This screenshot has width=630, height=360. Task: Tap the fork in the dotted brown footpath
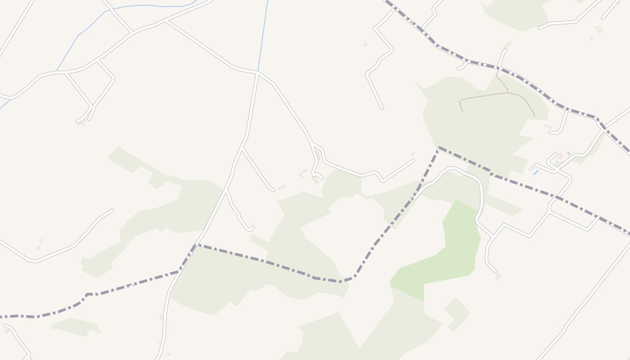[x=508, y=93]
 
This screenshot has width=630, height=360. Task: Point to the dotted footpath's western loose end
[x=463, y=111]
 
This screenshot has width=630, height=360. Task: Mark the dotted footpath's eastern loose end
[x=535, y=116]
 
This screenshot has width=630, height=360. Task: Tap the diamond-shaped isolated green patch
[x=458, y=314]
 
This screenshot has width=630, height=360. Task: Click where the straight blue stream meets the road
[x=258, y=71]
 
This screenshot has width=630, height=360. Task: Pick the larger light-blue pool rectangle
[x=535, y=172]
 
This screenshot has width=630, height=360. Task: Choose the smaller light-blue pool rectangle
[x=569, y=153]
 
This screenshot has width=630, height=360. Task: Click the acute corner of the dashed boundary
[x=438, y=148]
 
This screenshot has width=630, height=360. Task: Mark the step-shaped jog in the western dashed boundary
[x=87, y=295]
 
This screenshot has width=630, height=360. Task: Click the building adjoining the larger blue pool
[x=531, y=168]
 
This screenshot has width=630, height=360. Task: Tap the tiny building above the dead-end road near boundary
[x=413, y=154]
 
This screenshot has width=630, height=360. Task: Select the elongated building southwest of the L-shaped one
[x=281, y=187]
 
